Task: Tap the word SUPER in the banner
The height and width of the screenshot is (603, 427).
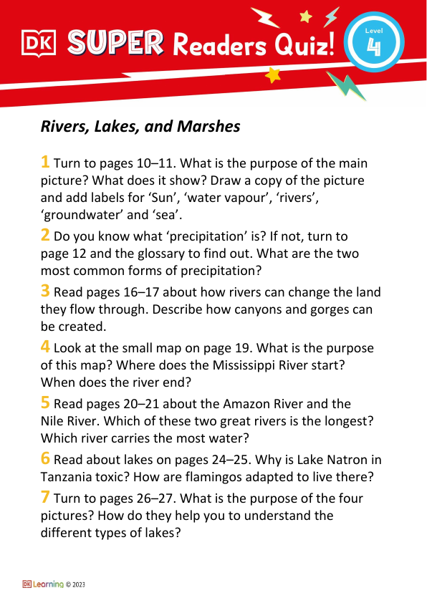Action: [115, 44]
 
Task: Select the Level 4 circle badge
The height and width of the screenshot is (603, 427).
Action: [373, 44]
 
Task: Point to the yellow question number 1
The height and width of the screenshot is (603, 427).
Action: [45, 162]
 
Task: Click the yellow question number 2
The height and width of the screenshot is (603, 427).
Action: [45, 234]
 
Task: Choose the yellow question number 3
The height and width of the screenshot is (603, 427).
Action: [45, 290]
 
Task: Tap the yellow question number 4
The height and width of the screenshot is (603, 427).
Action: [45, 347]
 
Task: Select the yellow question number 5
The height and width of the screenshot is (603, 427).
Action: [45, 402]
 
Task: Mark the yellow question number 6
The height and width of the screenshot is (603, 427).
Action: [45, 459]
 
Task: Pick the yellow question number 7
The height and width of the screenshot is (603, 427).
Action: [45, 497]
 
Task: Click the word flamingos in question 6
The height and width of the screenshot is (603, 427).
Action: [238, 478]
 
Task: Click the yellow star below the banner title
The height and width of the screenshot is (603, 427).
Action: [272, 75]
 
